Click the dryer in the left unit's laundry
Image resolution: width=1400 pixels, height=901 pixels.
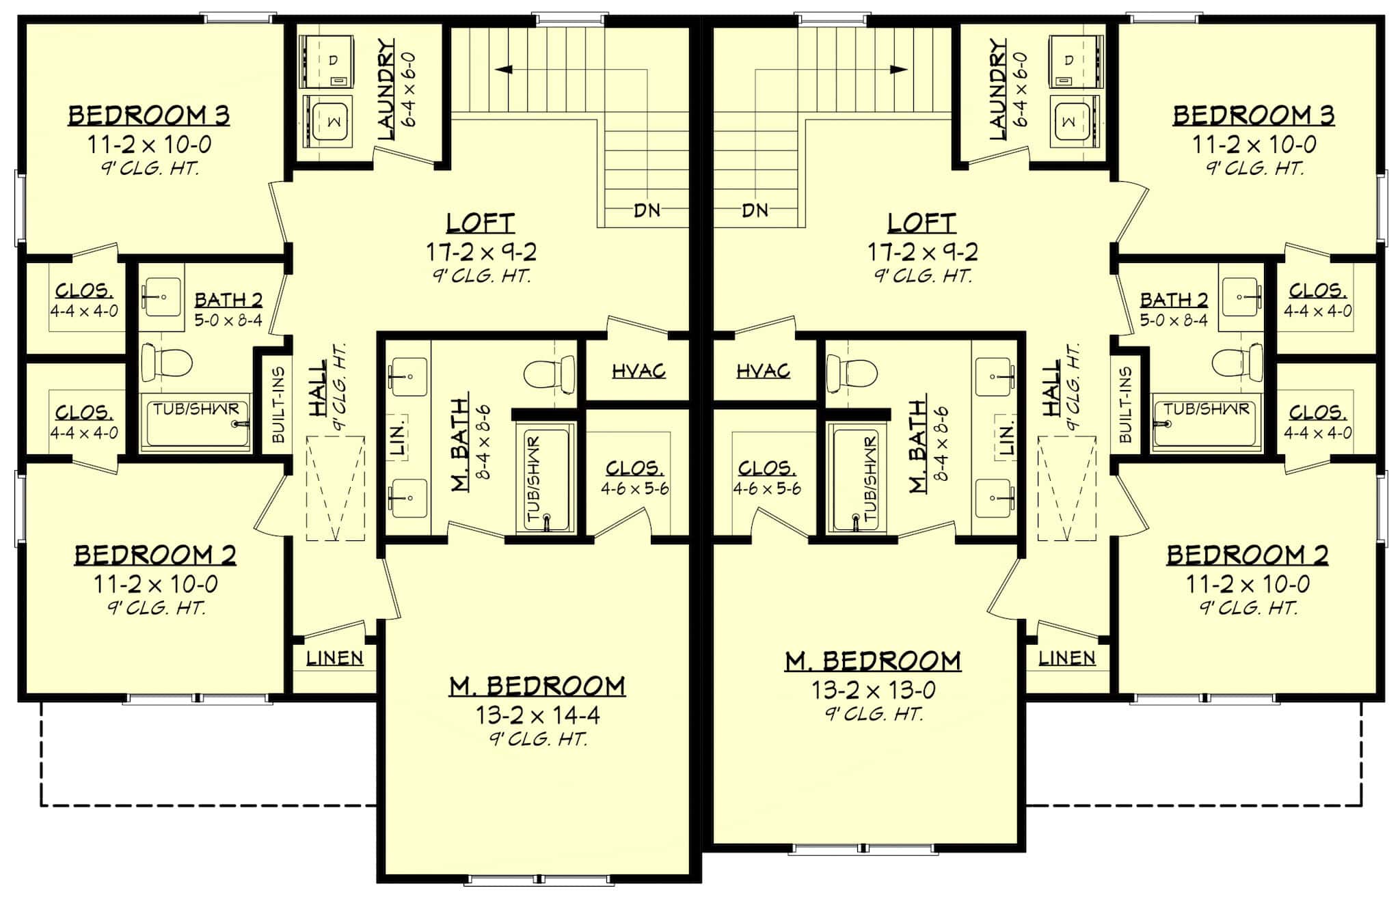329,62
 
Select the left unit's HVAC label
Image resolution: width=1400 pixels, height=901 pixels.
638,371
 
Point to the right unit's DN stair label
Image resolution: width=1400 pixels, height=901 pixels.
755,210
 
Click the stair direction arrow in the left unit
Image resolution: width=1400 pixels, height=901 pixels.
506,69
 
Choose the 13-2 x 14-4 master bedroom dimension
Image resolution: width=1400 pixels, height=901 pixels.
538,715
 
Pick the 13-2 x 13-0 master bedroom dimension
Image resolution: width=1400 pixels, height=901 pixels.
873,691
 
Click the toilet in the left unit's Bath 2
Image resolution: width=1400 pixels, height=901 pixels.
165,363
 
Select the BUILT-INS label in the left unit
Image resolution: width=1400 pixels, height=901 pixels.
278,404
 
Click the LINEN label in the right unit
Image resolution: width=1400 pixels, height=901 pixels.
1066,658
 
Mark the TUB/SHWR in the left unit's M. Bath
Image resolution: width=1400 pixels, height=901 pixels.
546,478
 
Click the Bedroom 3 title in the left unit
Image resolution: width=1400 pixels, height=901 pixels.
148,115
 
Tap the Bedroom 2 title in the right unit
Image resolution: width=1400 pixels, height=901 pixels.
1247,555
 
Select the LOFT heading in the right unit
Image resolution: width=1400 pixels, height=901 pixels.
921,223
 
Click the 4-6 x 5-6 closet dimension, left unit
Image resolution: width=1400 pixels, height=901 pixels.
634,488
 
